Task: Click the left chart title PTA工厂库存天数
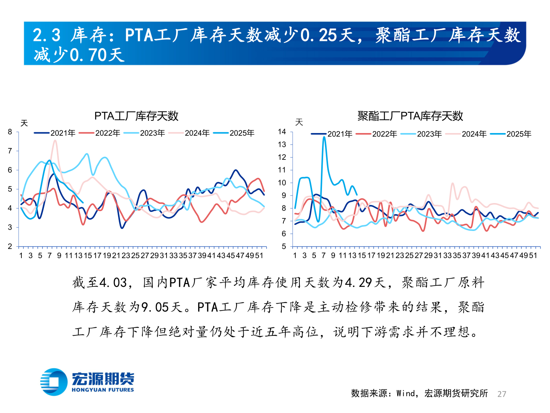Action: tap(136, 116)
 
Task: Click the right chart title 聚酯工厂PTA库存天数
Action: tap(410, 116)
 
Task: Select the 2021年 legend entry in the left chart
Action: tap(55, 133)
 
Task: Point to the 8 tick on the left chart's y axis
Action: tap(10, 132)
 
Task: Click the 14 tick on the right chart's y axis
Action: tap(282, 132)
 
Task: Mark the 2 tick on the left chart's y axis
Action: tap(10, 246)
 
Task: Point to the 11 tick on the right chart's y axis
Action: tap(282, 170)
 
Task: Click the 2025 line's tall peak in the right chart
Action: tap(324, 137)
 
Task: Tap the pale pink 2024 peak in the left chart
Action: tap(55, 141)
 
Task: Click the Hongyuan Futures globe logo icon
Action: tap(53, 381)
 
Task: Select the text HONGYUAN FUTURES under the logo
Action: tap(103, 390)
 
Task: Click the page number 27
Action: tap(502, 394)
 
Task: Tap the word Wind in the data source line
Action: tap(406, 393)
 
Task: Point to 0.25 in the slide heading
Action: tap(319, 36)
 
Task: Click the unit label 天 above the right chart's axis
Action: tap(299, 122)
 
